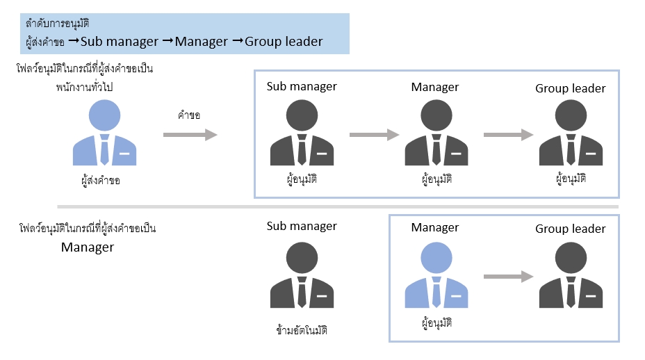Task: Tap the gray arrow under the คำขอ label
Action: point(190,135)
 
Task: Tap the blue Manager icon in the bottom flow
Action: point(436,276)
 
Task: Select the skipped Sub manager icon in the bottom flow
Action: point(302,276)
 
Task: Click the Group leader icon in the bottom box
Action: point(571,276)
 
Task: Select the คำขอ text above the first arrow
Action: point(189,115)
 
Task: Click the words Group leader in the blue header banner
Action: point(285,42)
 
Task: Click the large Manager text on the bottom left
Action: point(88,247)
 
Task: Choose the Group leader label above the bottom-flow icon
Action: point(571,229)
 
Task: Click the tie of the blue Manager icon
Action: point(436,292)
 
